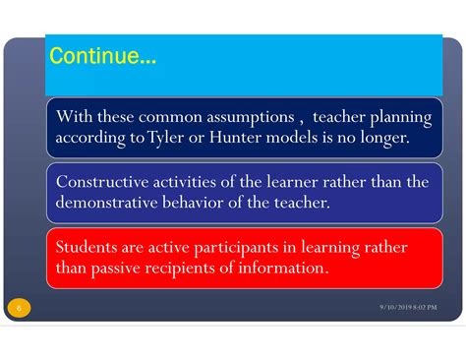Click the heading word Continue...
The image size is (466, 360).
click(101, 57)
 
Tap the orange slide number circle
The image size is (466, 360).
click(19, 309)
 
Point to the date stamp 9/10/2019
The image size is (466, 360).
click(396, 309)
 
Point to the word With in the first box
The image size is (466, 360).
click(74, 118)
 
